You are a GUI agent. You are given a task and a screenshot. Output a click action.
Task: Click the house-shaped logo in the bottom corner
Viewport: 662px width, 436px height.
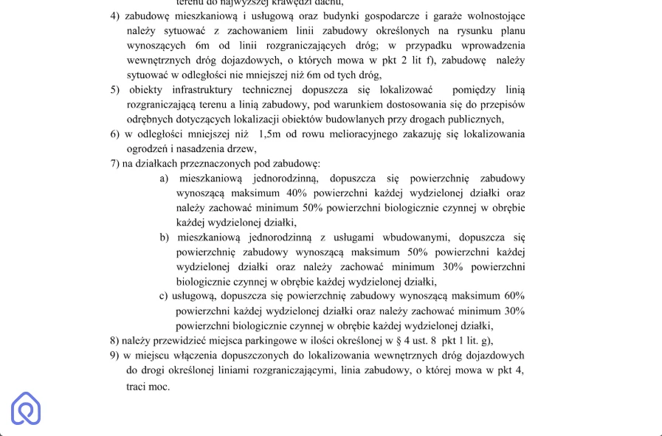[26, 408]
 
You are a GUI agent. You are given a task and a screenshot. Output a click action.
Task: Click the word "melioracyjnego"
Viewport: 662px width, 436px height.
[373, 134]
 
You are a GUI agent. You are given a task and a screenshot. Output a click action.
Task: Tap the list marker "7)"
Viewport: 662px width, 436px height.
[115, 163]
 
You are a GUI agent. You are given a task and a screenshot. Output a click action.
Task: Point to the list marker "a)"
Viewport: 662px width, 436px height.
[164, 178]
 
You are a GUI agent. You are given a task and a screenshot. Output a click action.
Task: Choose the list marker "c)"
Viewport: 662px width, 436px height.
[164, 296]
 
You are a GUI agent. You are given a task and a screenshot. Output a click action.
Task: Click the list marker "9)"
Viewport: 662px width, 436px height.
[115, 355]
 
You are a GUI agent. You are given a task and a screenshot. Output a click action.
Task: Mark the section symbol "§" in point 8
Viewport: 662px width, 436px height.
[399, 340]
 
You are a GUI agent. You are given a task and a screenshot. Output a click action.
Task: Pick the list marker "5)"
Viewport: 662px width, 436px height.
[115, 89]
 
